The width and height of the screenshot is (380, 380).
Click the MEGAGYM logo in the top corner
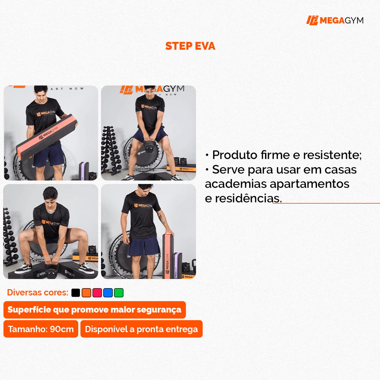335,21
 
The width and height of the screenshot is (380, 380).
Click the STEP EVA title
190,46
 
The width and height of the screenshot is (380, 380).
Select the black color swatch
76,293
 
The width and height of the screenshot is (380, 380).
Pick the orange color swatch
86,293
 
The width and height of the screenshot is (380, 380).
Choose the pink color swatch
97,293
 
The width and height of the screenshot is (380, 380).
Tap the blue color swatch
108,293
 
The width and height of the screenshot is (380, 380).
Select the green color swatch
119,293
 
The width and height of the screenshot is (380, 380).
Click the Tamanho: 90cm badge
41,329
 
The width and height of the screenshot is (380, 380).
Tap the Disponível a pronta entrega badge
141,329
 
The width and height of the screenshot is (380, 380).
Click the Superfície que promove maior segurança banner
94,310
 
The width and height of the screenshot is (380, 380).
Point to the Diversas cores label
38,293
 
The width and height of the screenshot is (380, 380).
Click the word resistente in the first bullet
332,155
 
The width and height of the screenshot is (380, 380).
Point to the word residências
248,199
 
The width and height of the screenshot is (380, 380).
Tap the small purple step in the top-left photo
83,171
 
